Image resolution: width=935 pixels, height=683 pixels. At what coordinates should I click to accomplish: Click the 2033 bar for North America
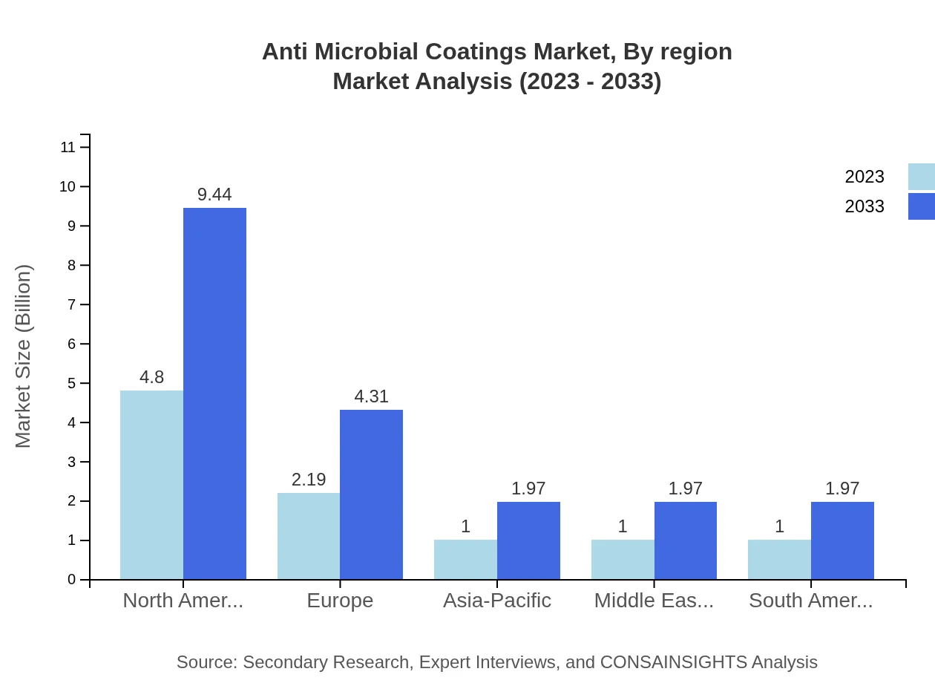214,393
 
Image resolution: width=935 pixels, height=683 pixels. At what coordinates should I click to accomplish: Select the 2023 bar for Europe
309,536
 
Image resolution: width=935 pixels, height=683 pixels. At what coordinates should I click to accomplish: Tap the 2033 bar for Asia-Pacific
528,540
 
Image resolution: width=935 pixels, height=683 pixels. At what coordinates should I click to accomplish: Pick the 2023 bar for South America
779,559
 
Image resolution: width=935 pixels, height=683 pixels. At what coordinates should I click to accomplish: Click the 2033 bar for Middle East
686,540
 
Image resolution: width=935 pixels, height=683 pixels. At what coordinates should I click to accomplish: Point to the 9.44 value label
214,195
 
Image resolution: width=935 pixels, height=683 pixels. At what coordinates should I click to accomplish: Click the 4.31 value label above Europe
371,396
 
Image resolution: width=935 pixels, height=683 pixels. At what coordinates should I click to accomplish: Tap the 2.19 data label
309,480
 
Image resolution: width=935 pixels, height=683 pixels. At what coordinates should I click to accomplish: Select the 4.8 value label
151,377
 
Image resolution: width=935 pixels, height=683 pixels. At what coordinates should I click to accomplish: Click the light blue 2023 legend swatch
921,177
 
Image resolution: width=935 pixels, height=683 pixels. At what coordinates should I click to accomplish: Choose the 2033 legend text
865,206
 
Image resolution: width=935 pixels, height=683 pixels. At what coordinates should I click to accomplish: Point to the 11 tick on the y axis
68,147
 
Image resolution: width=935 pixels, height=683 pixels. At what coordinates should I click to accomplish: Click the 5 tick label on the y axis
71,384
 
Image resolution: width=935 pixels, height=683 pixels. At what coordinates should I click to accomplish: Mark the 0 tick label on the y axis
71,580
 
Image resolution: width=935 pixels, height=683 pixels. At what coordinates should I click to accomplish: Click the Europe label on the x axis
340,601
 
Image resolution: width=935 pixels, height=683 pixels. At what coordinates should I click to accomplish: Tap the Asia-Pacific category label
497,601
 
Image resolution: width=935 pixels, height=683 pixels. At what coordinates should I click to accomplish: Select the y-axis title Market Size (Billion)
24,356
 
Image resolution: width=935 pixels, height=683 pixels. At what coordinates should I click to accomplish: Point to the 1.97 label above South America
842,488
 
